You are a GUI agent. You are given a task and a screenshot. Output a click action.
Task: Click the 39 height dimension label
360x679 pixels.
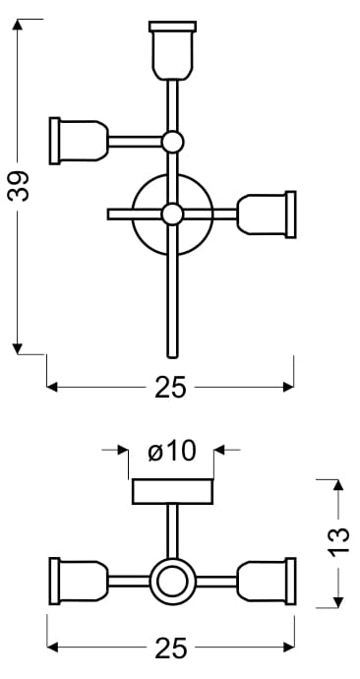(18, 186)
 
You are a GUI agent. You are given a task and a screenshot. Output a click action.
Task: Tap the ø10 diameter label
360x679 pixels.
(172, 452)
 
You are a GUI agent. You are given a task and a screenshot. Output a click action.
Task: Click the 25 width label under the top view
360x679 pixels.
(170, 387)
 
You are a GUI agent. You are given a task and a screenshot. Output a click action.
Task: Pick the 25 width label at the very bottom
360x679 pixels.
(170, 648)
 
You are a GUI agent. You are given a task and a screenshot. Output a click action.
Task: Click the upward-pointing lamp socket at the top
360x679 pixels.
(172, 50)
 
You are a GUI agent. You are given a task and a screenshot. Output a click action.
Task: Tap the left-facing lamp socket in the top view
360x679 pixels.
(79, 141)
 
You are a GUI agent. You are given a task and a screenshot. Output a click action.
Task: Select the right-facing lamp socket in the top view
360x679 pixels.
(267, 215)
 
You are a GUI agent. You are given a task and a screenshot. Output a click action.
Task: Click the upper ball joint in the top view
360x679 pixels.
(173, 142)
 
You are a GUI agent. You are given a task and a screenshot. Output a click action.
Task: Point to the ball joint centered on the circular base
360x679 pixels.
(172, 214)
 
